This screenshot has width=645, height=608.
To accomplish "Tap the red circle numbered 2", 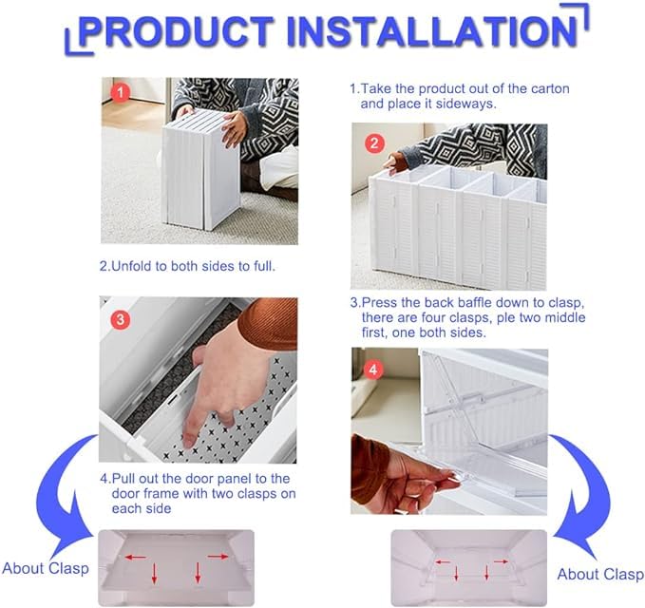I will (374, 143).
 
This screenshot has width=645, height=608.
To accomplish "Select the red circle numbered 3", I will (120, 320).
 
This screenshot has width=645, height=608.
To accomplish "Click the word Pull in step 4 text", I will (127, 478).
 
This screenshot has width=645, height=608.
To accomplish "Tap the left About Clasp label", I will (45, 568).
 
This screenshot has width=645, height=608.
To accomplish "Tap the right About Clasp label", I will (599, 574).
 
